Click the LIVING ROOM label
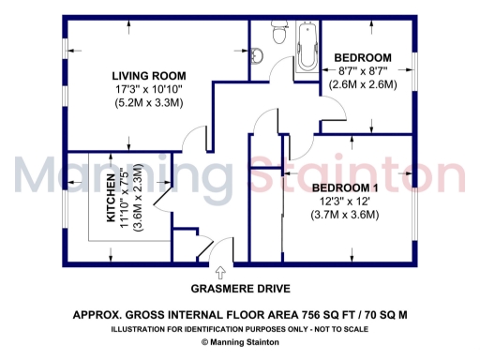(148, 76)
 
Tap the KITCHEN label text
(112, 198)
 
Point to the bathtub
(306, 42)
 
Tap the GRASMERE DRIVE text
(241, 289)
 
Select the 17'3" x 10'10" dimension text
(148, 90)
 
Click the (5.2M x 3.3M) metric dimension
(148, 103)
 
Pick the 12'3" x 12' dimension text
(345, 201)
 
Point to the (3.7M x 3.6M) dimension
(345, 215)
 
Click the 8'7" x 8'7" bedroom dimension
(368, 70)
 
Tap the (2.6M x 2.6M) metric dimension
(368, 84)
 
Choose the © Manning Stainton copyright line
(240, 343)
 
